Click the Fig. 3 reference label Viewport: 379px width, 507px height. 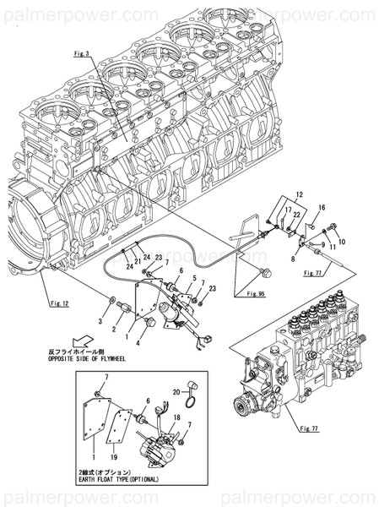[x=82, y=53]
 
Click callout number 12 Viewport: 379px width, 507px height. [x=298, y=194]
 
